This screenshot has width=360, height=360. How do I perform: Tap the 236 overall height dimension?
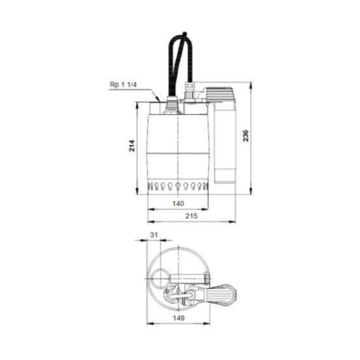tap(245, 137)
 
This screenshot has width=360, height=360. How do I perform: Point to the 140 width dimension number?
tap(178, 204)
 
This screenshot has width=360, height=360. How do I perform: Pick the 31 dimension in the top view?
tap(154, 236)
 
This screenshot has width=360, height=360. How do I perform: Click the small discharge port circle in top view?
tap(158, 280)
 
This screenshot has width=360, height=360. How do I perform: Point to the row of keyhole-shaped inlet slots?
tap(178, 185)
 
